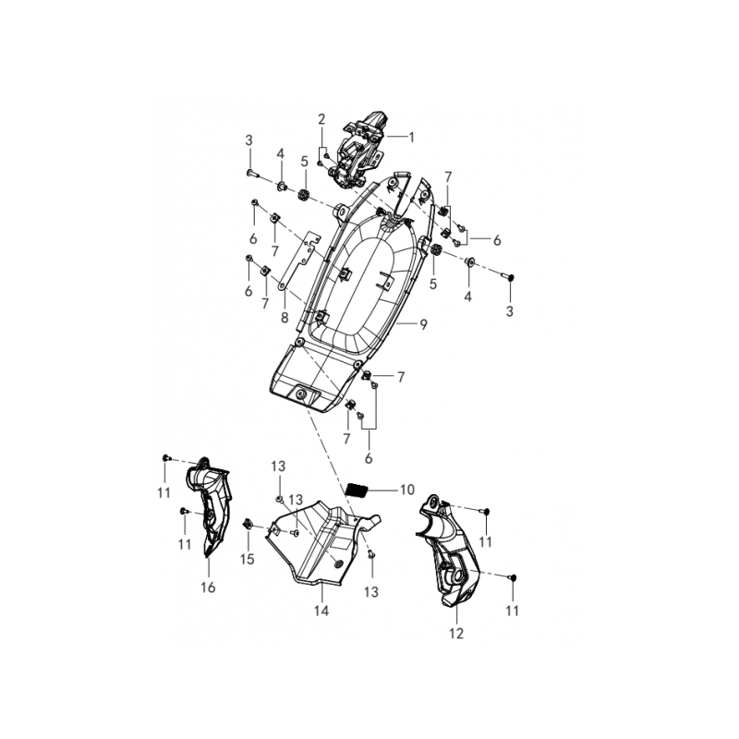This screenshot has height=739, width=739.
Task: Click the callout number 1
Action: click(x=411, y=137)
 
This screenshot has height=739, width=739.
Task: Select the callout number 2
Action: click(x=321, y=119)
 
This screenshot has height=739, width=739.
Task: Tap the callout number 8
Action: click(x=285, y=317)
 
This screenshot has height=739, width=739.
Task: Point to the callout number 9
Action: click(x=423, y=324)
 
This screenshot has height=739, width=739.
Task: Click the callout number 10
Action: click(x=406, y=490)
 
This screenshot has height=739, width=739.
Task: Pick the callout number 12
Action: click(x=456, y=634)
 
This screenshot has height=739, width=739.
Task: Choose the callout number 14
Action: click(x=321, y=611)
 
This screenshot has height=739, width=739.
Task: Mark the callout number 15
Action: click(x=247, y=559)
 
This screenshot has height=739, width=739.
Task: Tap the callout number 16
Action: click(x=208, y=587)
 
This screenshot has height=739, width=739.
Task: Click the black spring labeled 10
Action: click(x=357, y=490)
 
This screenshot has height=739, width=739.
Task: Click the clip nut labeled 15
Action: click(x=247, y=524)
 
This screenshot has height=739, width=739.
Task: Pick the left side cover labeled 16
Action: click(x=210, y=506)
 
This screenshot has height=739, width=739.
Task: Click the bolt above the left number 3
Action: click(x=252, y=174)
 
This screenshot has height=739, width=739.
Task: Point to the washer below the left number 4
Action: click(x=282, y=188)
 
